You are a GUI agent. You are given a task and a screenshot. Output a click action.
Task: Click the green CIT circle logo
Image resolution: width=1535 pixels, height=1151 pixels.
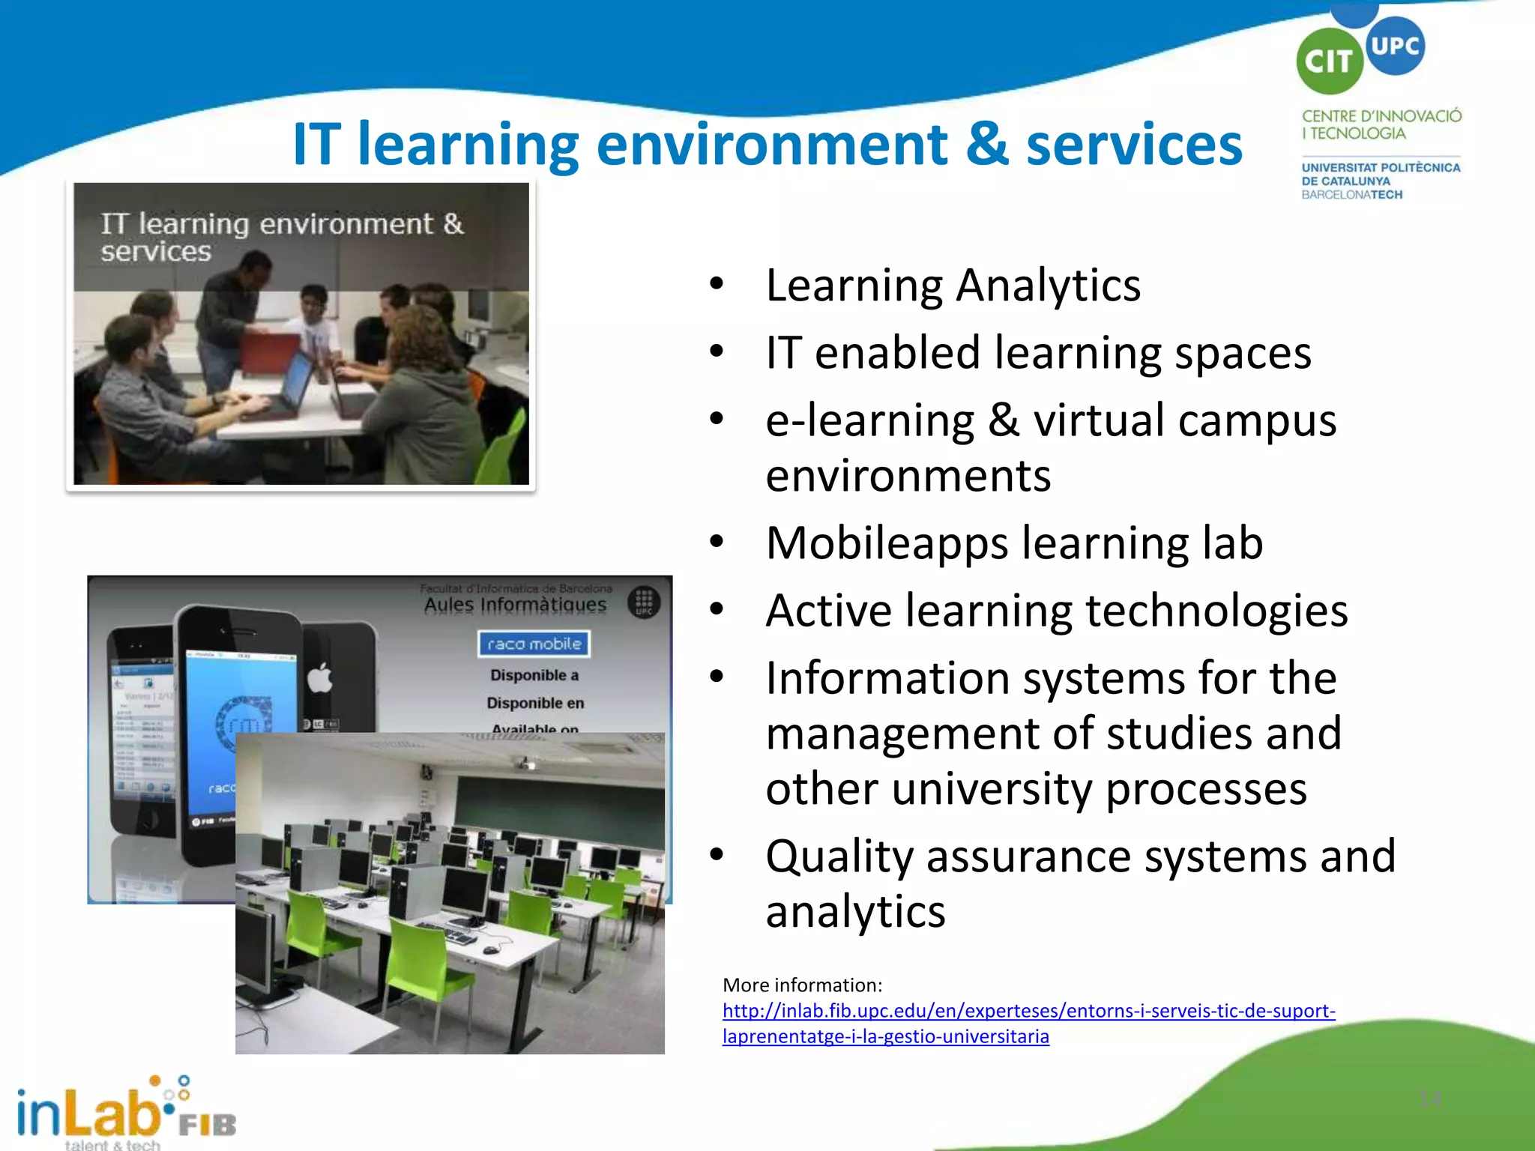click(x=1330, y=61)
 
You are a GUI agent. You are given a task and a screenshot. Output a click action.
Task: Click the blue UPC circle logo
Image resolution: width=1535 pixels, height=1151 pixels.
click(x=1395, y=46)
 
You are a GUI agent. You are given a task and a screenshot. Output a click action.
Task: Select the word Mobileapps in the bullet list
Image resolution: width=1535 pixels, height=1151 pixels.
click(x=887, y=543)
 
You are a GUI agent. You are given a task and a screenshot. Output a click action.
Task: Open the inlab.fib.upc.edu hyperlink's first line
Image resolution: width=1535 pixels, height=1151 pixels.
click(x=1028, y=1011)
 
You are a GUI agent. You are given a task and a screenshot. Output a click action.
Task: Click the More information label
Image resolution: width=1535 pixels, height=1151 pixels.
click(x=802, y=985)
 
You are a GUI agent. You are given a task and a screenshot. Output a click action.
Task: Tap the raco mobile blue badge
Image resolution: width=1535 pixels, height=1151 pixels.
click(x=534, y=644)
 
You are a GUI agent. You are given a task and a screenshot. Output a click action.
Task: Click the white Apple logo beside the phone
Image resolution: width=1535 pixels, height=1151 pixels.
click(x=320, y=679)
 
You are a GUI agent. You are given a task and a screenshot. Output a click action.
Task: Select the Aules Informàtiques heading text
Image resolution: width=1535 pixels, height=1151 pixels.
click(x=515, y=604)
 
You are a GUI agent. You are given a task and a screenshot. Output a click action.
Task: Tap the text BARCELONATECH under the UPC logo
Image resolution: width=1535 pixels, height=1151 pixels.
click(x=1351, y=195)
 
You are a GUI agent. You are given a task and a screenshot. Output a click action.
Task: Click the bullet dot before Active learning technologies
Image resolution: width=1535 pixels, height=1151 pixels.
click(x=717, y=610)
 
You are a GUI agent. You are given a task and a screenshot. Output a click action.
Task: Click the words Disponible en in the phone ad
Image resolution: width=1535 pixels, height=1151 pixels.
click(x=535, y=703)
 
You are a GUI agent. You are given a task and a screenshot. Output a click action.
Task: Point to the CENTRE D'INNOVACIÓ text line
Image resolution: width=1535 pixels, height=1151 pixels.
click(x=1381, y=116)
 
